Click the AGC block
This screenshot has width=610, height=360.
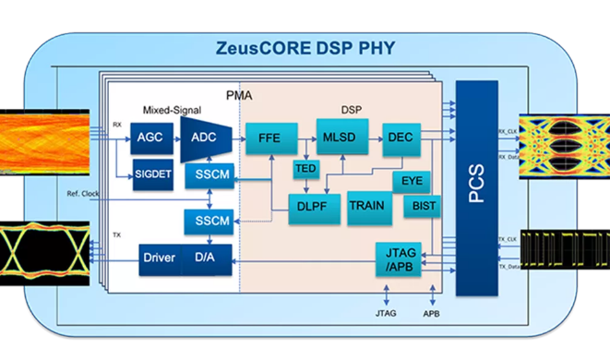(x=150, y=138)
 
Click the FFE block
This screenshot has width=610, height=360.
(x=269, y=140)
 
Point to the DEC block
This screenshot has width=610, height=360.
(x=401, y=138)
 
